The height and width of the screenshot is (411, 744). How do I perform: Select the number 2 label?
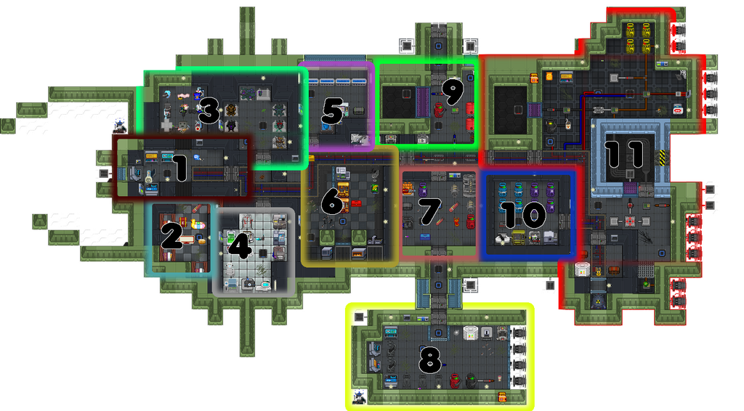172,236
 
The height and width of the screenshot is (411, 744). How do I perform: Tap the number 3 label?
209,113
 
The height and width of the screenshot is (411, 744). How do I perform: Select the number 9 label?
451,93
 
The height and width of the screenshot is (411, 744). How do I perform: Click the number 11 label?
626,154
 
